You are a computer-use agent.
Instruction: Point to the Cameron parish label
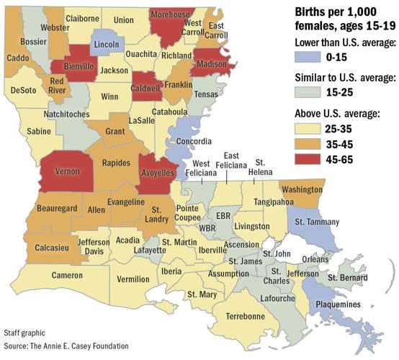tap(66, 274)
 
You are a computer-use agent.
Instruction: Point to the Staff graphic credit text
tap(24, 333)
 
